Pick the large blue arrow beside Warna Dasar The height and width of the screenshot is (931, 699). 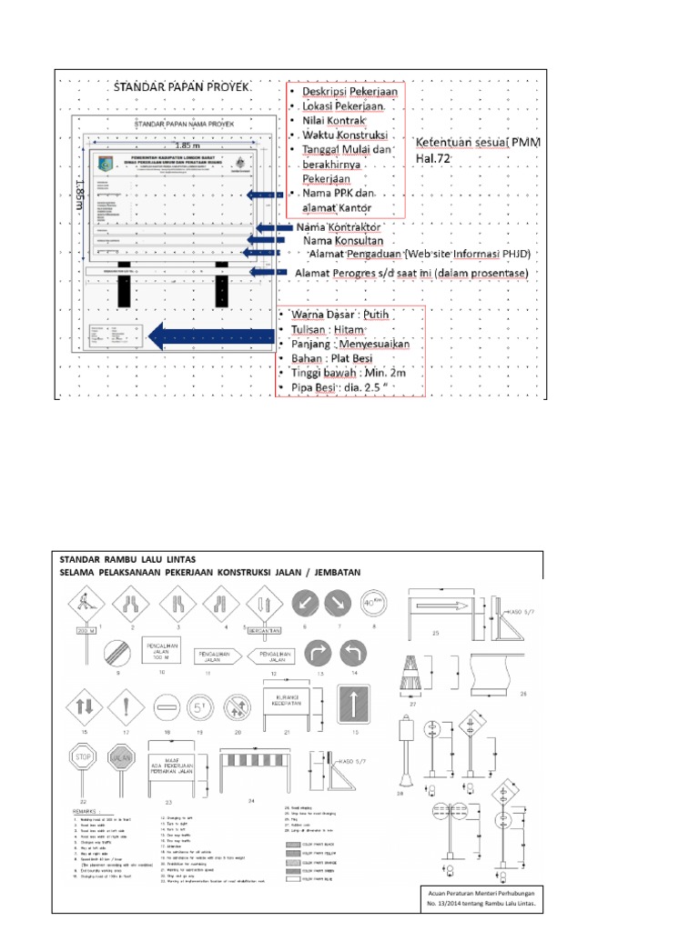tap(209, 338)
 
